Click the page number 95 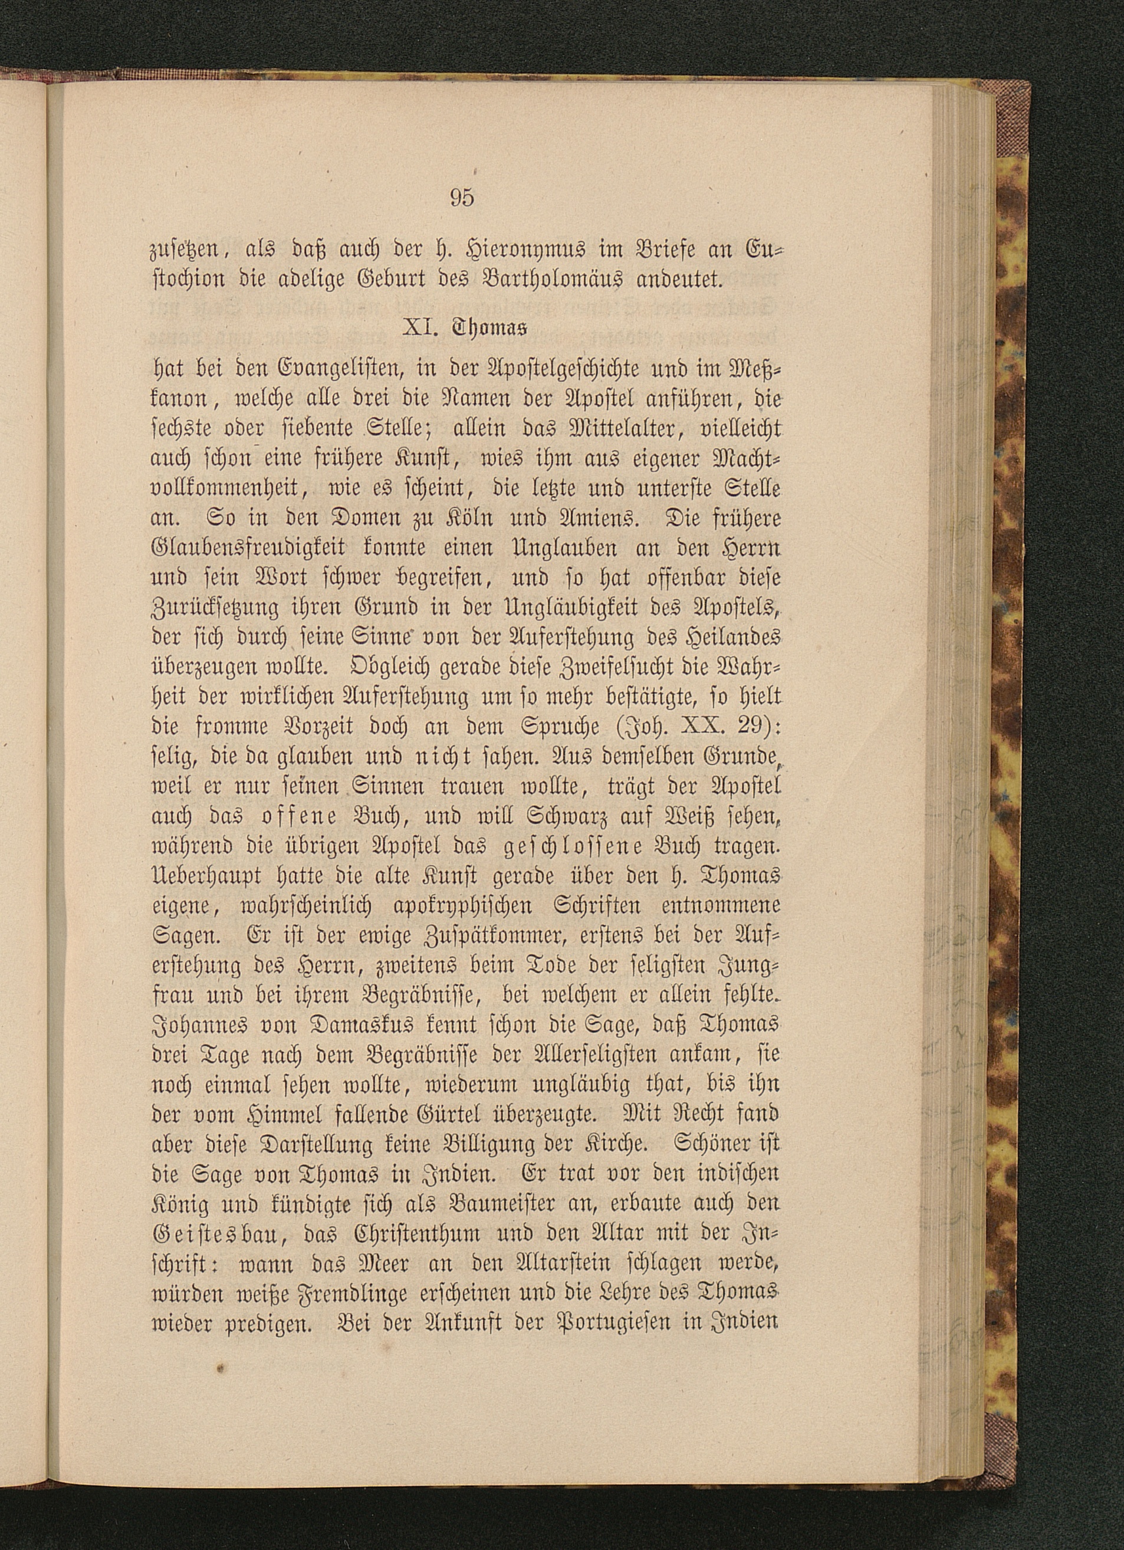click(462, 198)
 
